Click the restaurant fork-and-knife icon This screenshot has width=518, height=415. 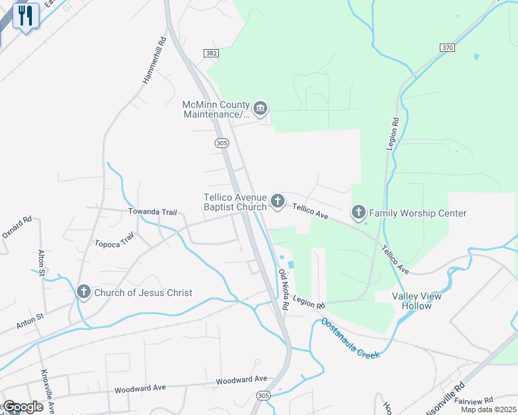click(26, 15)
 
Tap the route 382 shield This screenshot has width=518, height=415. click(211, 53)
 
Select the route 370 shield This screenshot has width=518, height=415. click(447, 47)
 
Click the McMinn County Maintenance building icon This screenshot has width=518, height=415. click(260, 107)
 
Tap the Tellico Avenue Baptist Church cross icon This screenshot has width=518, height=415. click(277, 201)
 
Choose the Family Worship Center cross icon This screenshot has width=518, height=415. click(359, 212)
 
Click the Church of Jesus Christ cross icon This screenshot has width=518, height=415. click(83, 293)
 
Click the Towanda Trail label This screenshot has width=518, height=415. click(152, 212)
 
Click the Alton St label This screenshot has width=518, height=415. click(42, 264)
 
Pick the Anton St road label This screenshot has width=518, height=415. click(30, 320)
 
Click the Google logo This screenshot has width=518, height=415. click(24, 407)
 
